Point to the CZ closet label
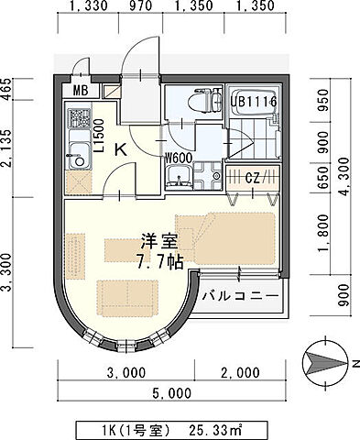click(x=253, y=178)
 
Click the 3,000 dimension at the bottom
click(x=126, y=373)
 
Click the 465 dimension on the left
click(x=7, y=89)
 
